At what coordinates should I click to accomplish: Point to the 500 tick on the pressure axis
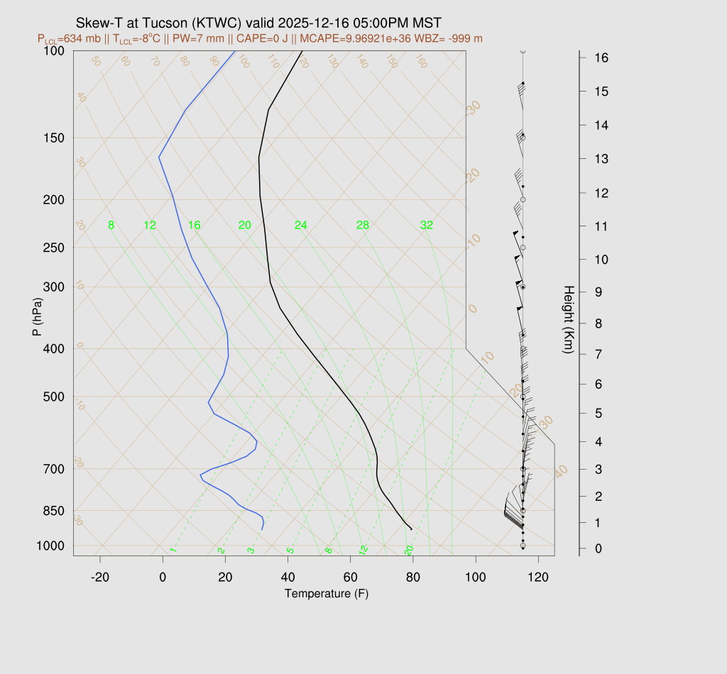click(x=54, y=397)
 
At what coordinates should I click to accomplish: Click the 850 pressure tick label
click(x=54, y=511)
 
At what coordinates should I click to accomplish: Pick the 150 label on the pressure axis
click(x=54, y=138)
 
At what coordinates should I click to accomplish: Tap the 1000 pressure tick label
click(x=51, y=546)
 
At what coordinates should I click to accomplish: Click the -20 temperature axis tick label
click(x=100, y=578)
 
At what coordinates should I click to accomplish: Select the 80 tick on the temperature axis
click(x=413, y=578)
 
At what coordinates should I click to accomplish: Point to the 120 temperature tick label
click(x=538, y=578)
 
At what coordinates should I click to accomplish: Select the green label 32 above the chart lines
click(x=426, y=226)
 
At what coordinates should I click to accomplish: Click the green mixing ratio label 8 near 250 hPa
click(x=111, y=226)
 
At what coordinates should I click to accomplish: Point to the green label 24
click(x=301, y=226)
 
